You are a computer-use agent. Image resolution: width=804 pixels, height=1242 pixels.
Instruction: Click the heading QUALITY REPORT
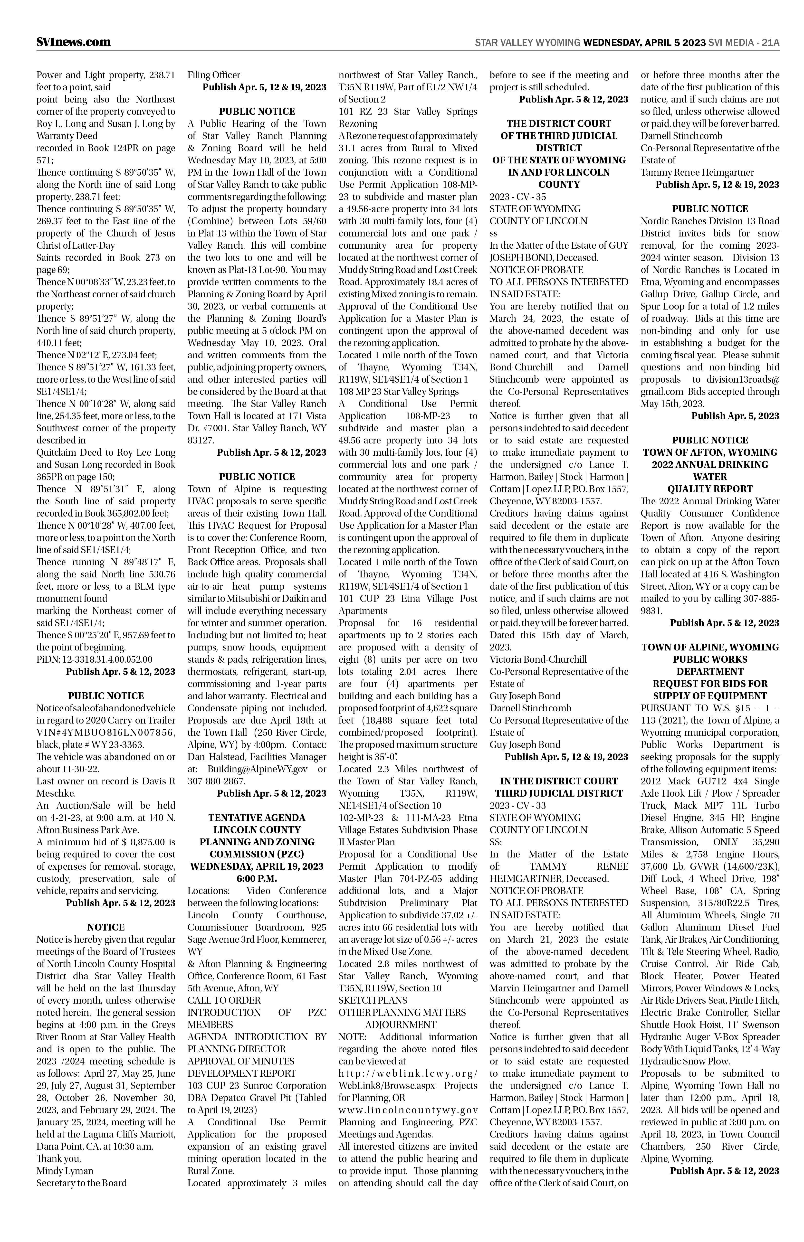(710, 489)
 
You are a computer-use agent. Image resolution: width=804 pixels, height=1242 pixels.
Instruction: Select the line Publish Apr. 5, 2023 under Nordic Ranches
(735, 416)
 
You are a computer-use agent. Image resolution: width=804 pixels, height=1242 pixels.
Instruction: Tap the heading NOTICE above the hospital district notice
(106, 927)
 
